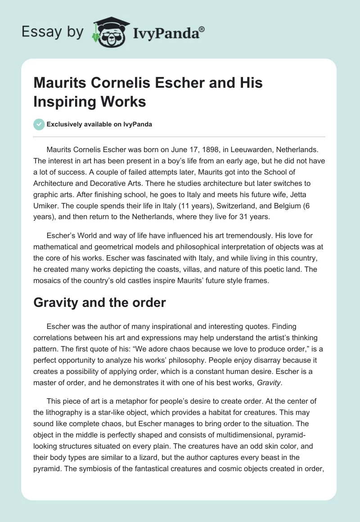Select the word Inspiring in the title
[58, 102]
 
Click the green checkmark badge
[39, 125]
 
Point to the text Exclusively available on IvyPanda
[99, 125]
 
